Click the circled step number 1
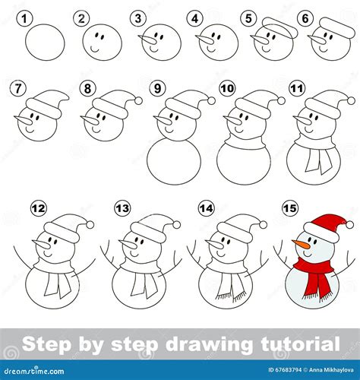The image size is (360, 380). (25, 17)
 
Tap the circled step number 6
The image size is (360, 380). (305, 17)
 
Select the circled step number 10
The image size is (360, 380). (227, 88)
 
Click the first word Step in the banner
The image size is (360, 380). (46, 344)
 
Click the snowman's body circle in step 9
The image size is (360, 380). (175, 160)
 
